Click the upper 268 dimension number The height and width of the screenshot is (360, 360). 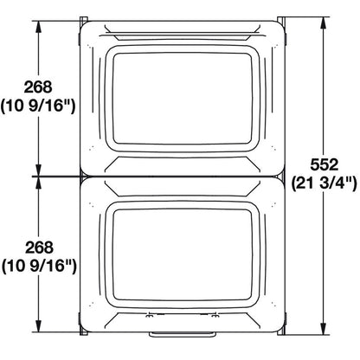(40, 87)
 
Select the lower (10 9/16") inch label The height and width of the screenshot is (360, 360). (40, 267)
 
